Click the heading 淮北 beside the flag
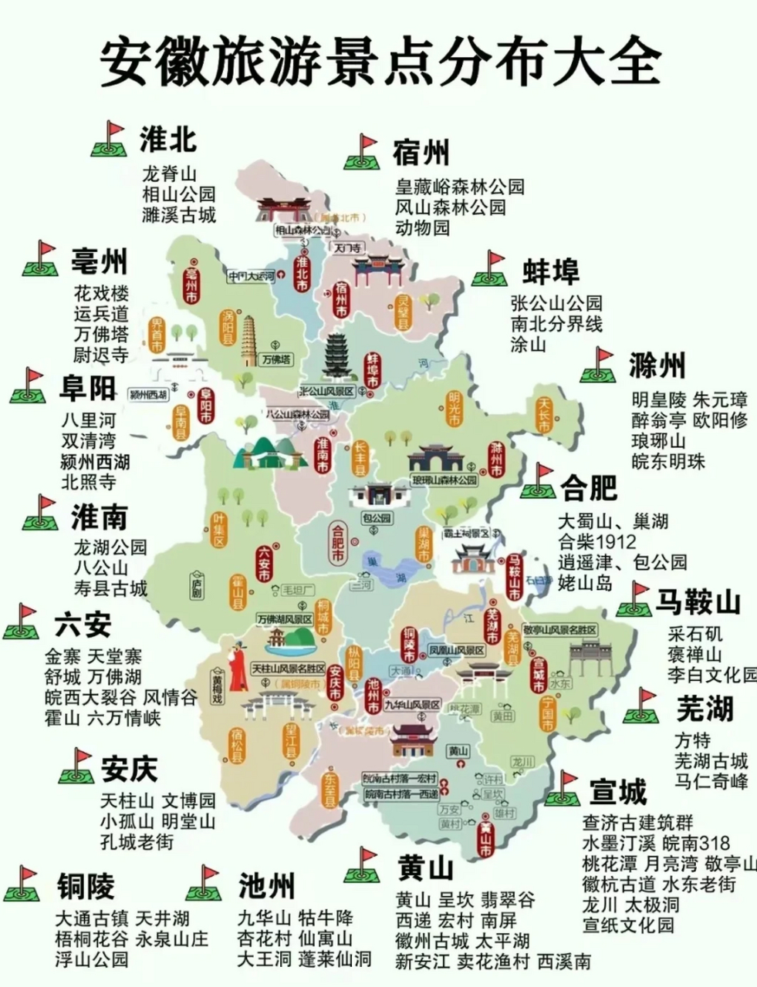tap(168, 140)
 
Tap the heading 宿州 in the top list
tap(420, 152)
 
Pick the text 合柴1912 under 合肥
tap(598, 541)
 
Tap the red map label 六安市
tap(263, 567)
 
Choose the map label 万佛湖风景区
tap(285, 619)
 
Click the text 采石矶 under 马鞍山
tap(695, 634)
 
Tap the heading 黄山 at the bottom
tap(425, 869)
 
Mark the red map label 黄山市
tap(485, 840)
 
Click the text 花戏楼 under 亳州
tap(101, 294)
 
